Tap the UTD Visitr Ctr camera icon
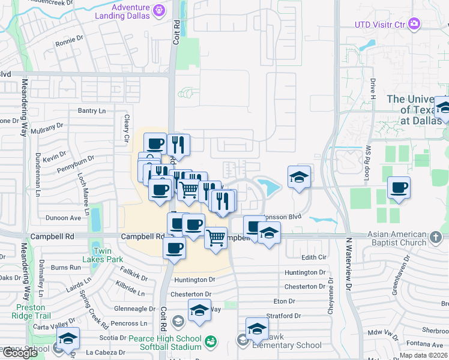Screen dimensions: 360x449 point(414,23)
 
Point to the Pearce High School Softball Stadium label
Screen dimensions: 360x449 point(162,343)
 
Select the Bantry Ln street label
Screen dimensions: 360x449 point(92,110)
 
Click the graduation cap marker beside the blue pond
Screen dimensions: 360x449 point(299,177)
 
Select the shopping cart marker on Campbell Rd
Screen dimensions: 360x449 point(215,236)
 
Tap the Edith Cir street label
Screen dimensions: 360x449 point(313,257)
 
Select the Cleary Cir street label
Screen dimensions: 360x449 point(127,128)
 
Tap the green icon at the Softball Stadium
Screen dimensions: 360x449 point(210,342)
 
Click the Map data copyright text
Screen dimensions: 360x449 point(423,355)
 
